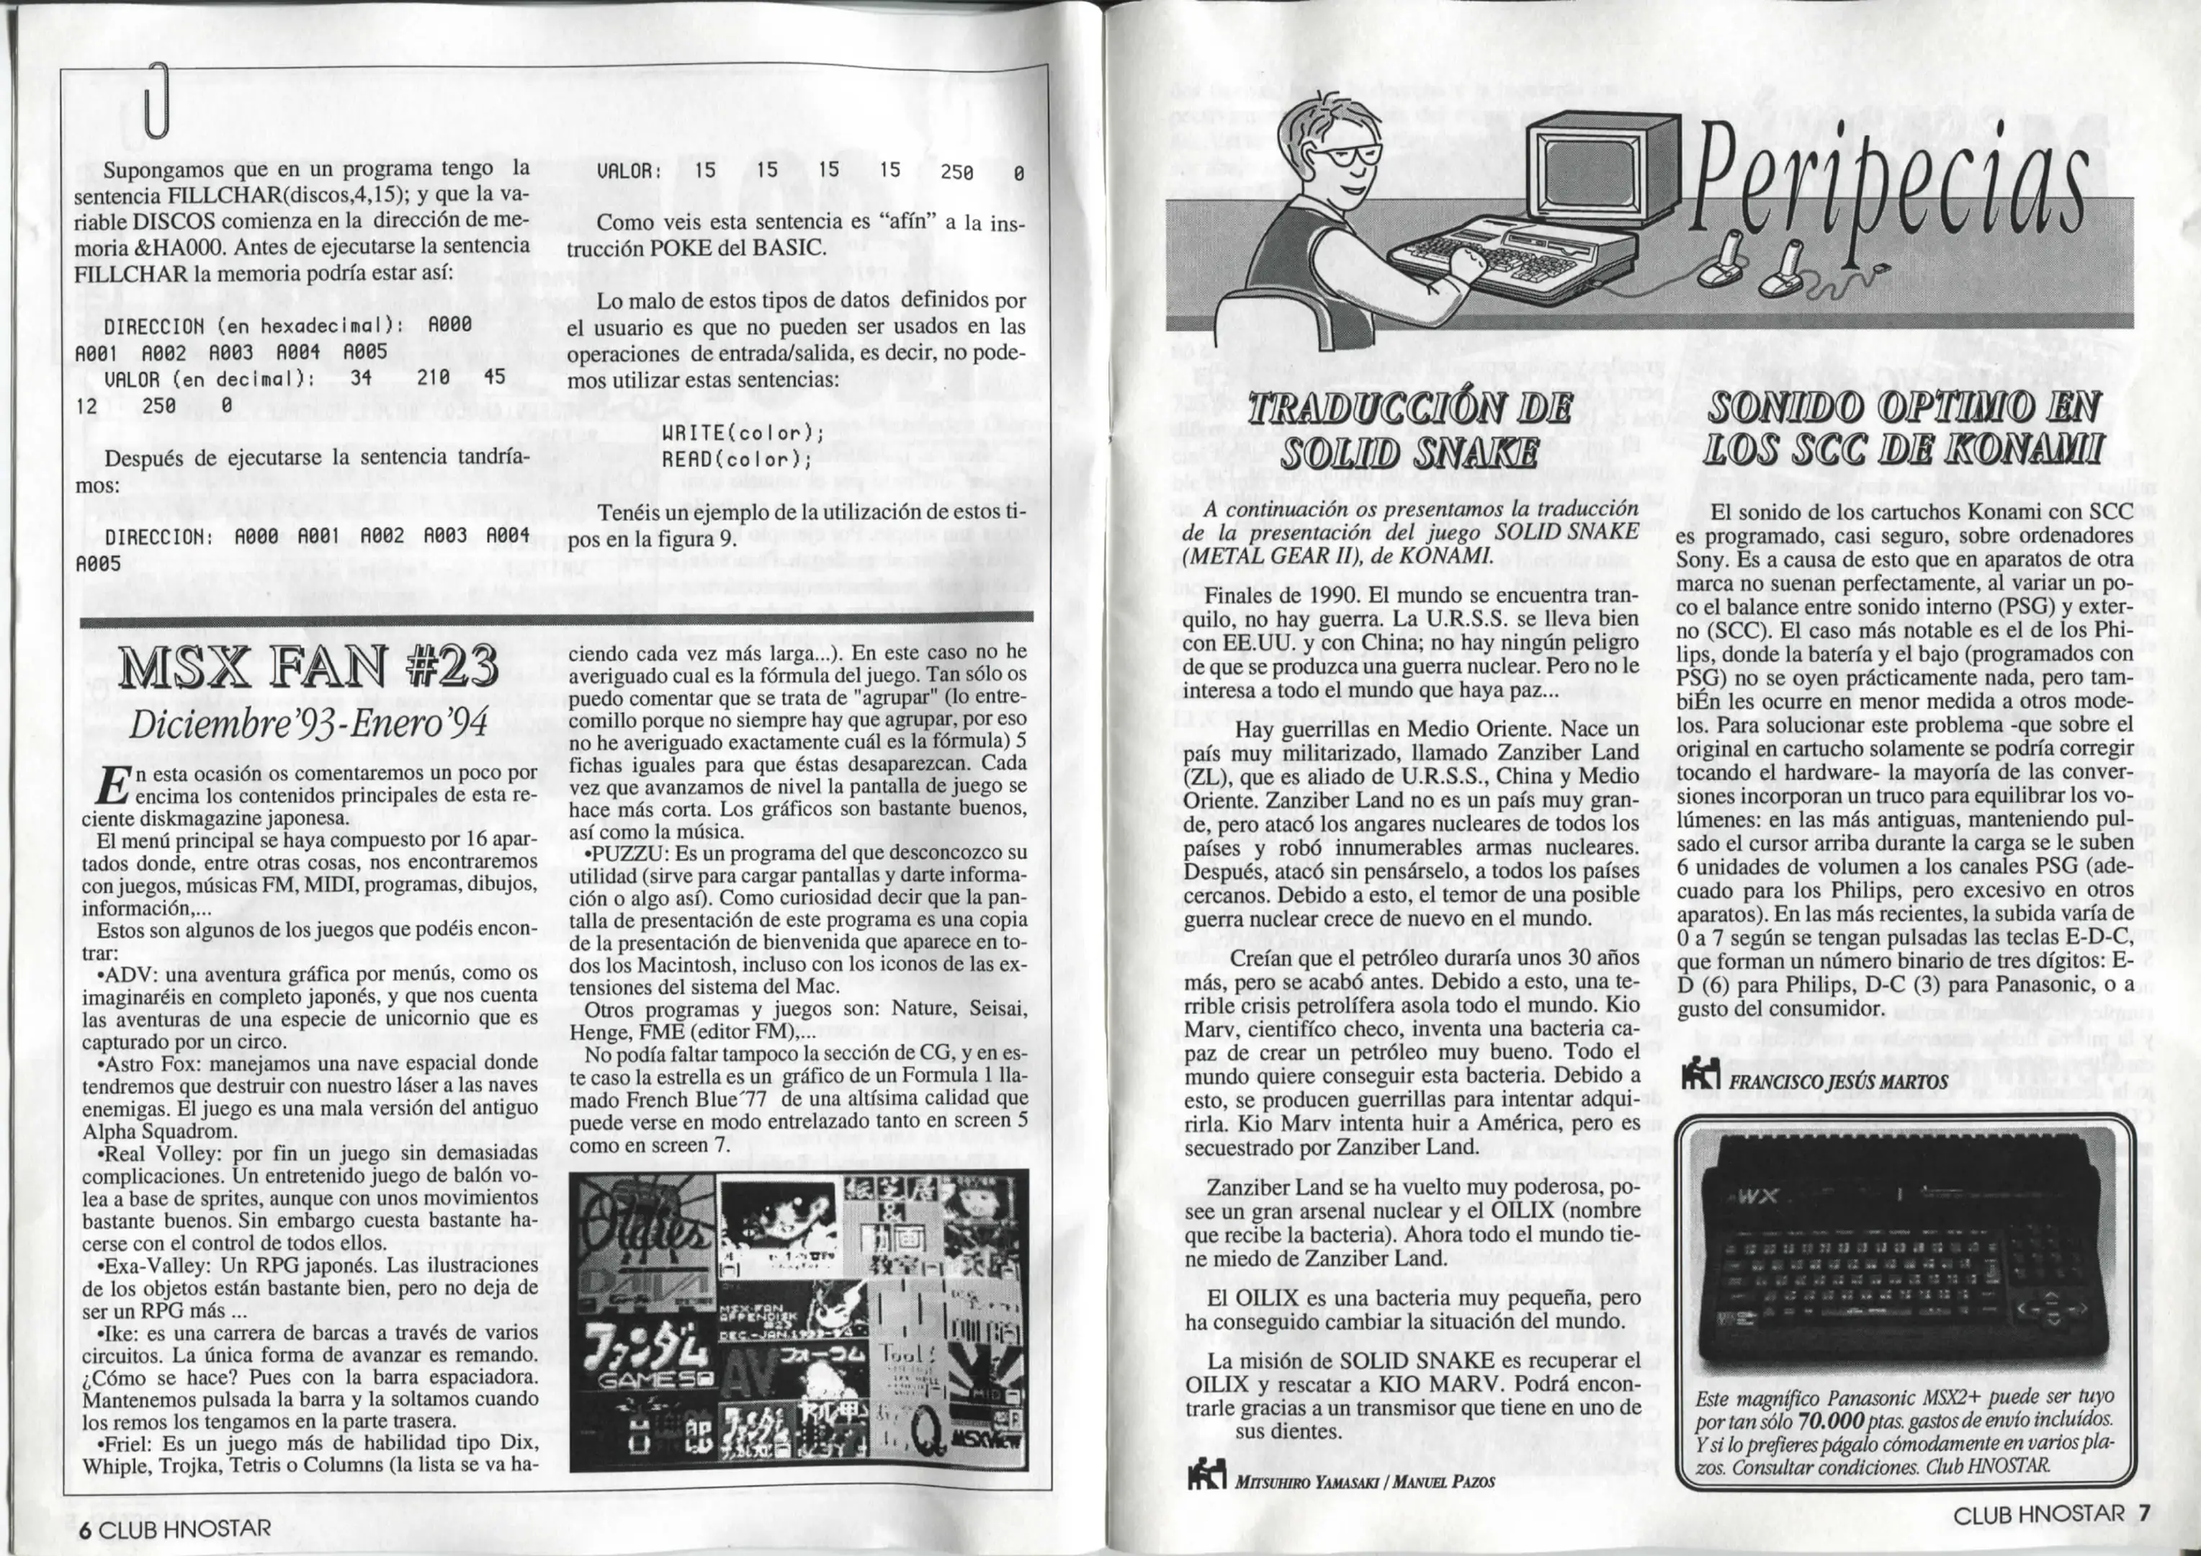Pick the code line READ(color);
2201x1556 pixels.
(x=736, y=459)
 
